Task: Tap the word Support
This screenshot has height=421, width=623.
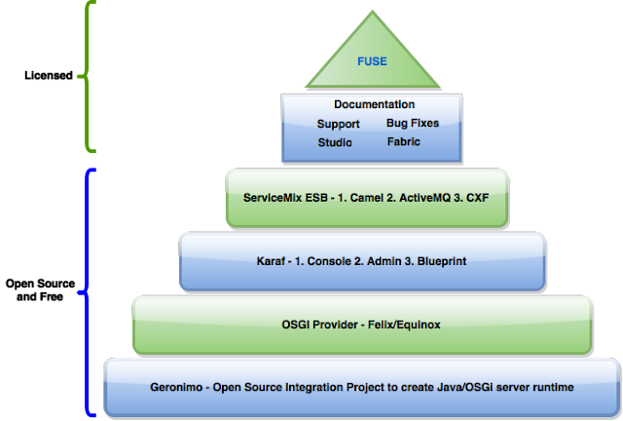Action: click(x=338, y=124)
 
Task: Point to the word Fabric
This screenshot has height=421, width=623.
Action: click(x=403, y=142)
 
